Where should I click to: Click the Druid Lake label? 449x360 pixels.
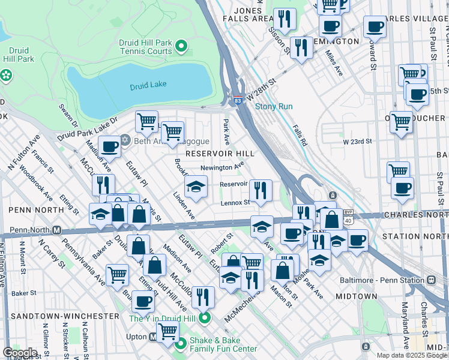(148, 85)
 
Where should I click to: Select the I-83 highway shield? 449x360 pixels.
(238, 99)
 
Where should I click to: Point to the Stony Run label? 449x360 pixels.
(274, 107)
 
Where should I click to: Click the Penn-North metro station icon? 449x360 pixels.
(57, 230)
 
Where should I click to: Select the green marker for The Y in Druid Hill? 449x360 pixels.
(205, 319)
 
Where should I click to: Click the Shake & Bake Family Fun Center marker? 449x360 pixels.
(181, 344)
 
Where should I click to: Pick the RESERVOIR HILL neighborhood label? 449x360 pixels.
(220, 154)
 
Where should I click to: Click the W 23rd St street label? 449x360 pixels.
(358, 142)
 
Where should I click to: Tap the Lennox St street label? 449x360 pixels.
(235, 203)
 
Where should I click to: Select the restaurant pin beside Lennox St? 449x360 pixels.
(261, 191)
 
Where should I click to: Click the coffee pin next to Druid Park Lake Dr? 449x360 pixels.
(110, 146)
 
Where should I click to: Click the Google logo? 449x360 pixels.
(19, 353)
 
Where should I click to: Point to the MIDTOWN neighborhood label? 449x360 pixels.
(357, 296)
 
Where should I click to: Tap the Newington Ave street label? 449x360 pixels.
(221, 167)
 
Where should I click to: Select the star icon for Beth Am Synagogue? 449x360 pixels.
(125, 140)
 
